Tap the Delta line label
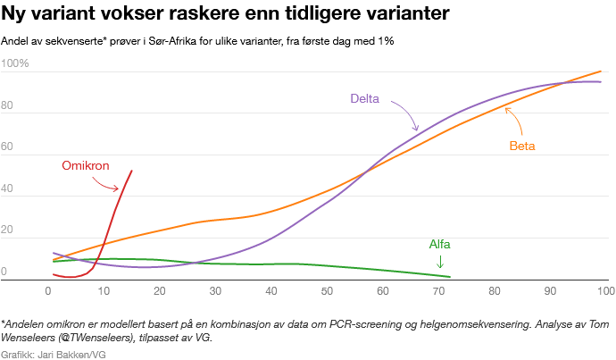364,99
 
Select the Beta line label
522,146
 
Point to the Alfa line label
440,244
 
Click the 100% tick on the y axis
15,64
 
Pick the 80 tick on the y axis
8,106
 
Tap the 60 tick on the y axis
8,148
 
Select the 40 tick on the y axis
8,189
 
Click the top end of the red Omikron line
132,171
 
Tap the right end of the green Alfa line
450,277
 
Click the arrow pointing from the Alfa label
440,261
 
